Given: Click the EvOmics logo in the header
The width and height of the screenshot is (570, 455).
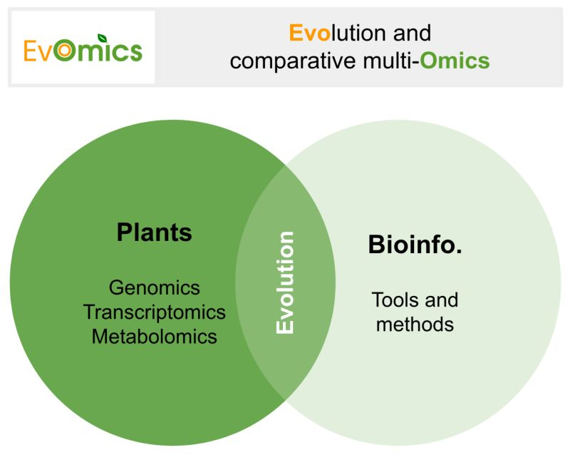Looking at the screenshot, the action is click(x=83, y=48).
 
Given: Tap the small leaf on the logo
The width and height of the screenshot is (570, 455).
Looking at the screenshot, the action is click(x=102, y=38).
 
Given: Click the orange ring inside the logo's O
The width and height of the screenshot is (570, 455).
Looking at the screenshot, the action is click(x=65, y=51).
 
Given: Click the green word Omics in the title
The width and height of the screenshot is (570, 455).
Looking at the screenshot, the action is click(x=455, y=61).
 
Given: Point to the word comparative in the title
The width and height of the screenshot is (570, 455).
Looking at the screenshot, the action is click(x=293, y=61).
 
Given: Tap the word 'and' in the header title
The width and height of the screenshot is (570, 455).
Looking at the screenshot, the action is click(x=413, y=33).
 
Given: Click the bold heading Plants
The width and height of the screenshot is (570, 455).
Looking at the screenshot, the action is click(x=154, y=232).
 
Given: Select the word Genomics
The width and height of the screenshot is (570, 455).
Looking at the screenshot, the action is click(x=155, y=287).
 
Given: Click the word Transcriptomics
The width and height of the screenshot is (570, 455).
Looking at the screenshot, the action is click(x=155, y=312).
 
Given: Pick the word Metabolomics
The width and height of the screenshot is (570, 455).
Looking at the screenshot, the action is click(x=155, y=337).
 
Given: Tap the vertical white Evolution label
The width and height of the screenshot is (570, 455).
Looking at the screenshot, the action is click(x=284, y=282).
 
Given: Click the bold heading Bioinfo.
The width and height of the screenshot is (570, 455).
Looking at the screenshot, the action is click(x=415, y=244).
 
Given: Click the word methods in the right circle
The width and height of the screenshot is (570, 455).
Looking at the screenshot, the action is click(x=415, y=324).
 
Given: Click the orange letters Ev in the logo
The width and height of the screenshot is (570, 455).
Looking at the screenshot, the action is click(x=38, y=51).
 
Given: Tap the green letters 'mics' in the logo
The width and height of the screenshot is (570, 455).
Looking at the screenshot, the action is click(x=110, y=51).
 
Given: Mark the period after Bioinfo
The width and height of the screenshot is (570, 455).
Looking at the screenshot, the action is click(x=459, y=251).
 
